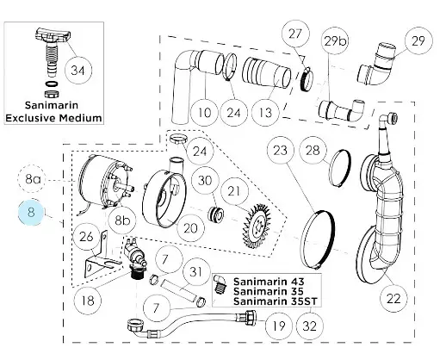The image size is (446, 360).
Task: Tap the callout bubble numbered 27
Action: (x=294, y=35)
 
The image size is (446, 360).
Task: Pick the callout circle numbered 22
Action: (x=393, y=299)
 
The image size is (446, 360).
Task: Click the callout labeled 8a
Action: (x=34, y=179)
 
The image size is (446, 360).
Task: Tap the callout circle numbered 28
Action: (x=313, y=151)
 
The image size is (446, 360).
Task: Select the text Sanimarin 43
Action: (x=268, y=281)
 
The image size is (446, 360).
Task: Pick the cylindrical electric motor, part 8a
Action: (x=100, y=185)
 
